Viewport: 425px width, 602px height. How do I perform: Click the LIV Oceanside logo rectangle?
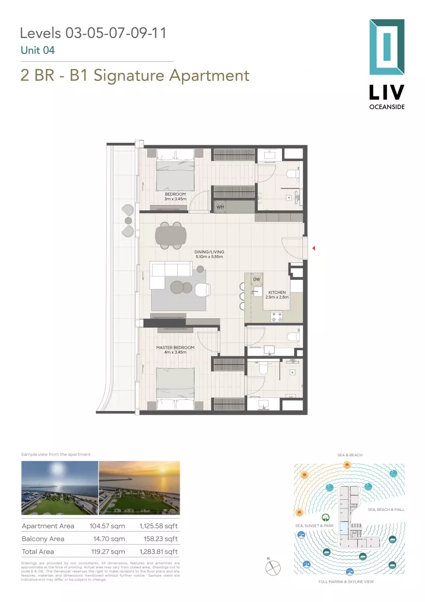386,47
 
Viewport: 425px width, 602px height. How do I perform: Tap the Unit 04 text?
38,50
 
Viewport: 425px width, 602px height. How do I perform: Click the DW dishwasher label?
256,279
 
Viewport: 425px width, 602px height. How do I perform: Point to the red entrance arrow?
313,248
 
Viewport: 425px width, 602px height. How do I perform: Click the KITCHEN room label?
277,292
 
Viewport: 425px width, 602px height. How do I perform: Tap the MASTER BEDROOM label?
175,347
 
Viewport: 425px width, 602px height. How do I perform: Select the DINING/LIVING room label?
209,252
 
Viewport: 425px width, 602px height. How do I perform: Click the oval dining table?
170,235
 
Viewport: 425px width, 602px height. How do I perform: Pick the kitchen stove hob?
277,317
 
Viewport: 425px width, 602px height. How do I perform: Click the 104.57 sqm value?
107,526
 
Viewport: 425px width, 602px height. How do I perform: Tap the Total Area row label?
38,551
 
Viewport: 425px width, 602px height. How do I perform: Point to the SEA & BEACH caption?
350,455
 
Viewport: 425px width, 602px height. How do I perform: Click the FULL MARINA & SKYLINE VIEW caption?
346,582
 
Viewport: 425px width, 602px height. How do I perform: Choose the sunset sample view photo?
139,488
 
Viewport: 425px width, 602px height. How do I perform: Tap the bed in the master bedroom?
175,384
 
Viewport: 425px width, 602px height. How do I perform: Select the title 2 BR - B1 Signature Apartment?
135,76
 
